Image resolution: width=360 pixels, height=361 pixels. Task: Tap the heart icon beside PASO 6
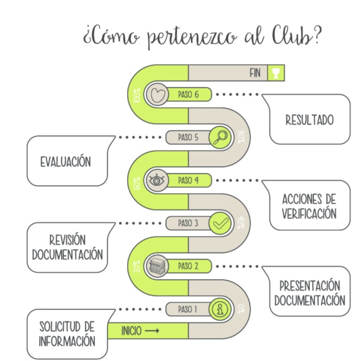156,94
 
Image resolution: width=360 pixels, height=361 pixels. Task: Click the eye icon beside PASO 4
156,180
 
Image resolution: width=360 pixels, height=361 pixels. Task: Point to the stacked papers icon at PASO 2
156,266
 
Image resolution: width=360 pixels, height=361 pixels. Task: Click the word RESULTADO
309,121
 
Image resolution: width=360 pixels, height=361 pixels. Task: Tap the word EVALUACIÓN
66,162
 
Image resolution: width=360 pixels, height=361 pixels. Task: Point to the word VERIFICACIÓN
309,214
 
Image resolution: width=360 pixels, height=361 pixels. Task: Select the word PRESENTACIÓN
309,285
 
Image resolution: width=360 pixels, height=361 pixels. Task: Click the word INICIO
131,331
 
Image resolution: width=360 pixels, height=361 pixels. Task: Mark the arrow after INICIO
152,331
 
